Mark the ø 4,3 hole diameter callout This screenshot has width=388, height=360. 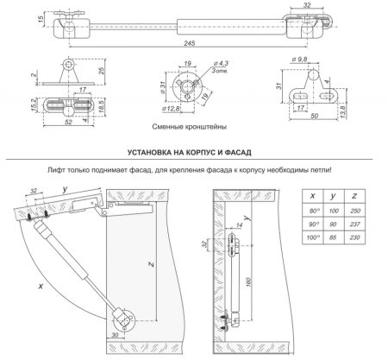click(197, 63)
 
